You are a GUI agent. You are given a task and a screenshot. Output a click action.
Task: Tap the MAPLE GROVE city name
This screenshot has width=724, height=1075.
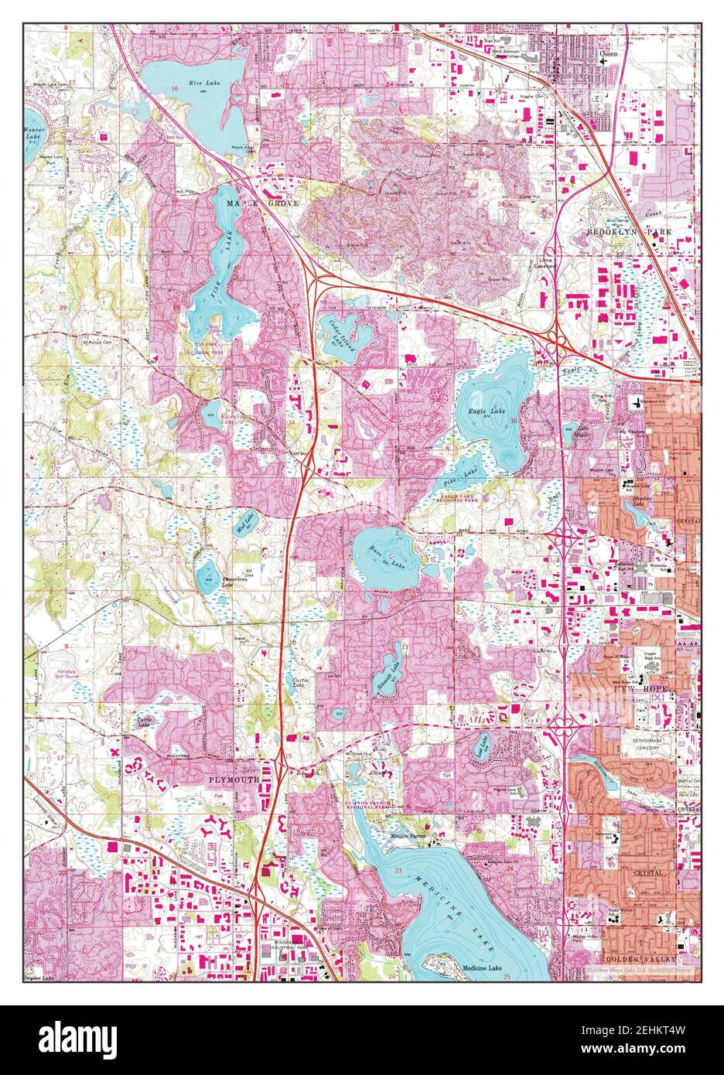[261, 203]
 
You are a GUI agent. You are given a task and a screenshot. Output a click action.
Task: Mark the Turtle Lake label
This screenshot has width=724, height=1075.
[144, 722]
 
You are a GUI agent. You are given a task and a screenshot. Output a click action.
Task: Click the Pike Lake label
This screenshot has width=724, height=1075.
[470, 469]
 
